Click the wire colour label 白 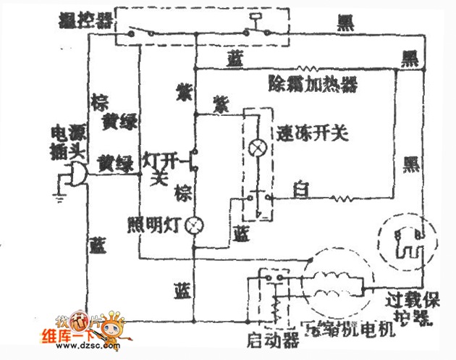pos(300,191)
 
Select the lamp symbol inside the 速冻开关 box pos(255,148)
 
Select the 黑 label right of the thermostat pos(345,22)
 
